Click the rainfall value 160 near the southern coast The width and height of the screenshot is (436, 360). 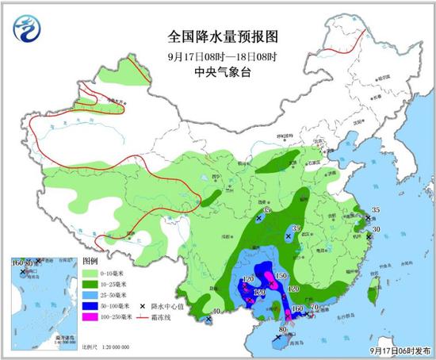click(x=297, y=308)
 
